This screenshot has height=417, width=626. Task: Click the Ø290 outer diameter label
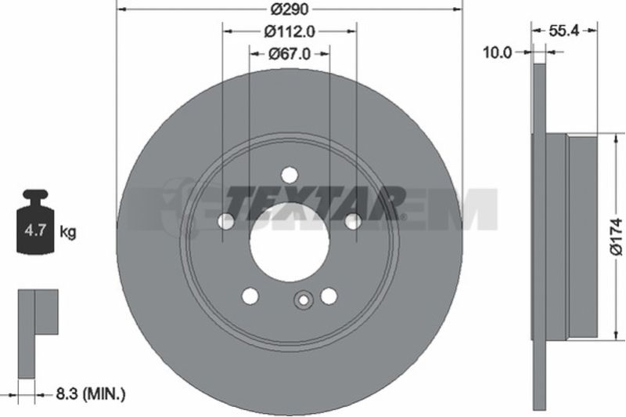click(x=290, y=9)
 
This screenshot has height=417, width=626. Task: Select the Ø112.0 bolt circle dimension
click(x=290, y=31)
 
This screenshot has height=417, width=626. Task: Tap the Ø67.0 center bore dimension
click(x=290, y=53)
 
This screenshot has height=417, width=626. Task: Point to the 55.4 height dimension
click(x=563, y=31)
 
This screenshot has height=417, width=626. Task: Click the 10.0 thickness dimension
click(x=497, y=53)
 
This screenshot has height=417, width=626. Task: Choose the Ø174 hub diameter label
click(x=617, y=237)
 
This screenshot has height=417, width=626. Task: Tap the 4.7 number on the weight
click(x=35, y=230)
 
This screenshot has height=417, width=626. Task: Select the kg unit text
click(x=68, y=231)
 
